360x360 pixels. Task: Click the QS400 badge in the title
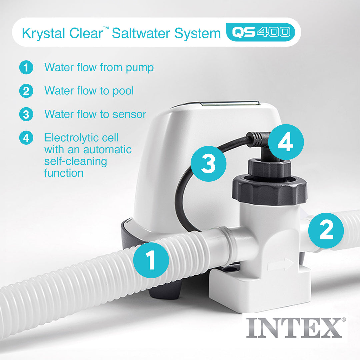[261, 32]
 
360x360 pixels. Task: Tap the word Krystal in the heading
[40, 33]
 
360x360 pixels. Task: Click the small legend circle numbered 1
[26, 68]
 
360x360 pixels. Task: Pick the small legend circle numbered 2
[26, 91]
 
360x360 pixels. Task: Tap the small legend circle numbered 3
[26, 115]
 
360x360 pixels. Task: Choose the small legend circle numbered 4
[26, 138]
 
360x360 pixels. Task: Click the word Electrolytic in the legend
[81, 137]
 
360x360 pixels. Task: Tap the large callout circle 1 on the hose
[151, 260]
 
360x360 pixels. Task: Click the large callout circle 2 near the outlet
[326, 230]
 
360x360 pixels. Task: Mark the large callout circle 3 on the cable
[209, 164]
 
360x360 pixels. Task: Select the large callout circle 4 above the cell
[286, 142]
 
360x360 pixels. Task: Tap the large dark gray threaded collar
[269, 190]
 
